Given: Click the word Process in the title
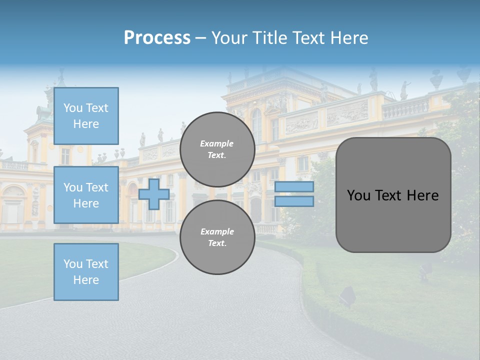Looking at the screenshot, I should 157,38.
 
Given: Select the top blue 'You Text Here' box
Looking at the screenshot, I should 86,116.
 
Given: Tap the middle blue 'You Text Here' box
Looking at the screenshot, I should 86,195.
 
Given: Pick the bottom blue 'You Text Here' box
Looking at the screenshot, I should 86,272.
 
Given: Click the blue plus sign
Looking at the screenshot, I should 154,194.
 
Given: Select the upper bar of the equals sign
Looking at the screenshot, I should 294,186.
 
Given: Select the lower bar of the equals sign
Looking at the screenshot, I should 294,201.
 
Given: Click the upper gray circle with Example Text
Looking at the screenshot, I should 217,149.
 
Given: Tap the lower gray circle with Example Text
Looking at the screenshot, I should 217,237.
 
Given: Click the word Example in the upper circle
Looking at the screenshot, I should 217,143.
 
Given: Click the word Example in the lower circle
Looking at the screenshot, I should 217,231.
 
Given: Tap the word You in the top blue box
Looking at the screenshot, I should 73,108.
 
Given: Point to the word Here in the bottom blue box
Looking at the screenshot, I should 86,280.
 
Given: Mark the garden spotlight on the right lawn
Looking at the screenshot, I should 347,296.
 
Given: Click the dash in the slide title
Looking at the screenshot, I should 200,38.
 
